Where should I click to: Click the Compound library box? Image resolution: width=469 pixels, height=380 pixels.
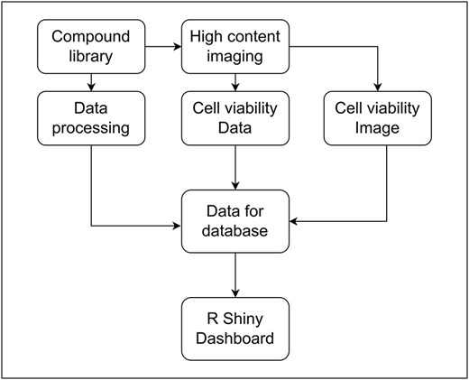tap(91, 48)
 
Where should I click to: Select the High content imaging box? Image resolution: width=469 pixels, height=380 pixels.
tap(235, 48)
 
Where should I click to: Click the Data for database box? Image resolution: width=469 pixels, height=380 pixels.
tap(235, 220)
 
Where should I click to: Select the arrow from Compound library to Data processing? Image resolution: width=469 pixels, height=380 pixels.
tap(91, 82)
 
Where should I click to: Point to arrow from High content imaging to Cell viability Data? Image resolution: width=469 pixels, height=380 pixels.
tap(235, 82)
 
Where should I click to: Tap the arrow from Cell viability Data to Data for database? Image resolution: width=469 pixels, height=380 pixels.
tap(235, 167)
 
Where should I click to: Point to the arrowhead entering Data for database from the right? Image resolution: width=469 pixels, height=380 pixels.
tap(295, 220)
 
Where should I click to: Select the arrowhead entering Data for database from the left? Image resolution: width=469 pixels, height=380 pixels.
tap(176, 220)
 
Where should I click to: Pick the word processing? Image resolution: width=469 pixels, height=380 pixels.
tap(91, 128)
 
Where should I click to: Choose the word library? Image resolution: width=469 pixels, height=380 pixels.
tap(91, 57)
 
